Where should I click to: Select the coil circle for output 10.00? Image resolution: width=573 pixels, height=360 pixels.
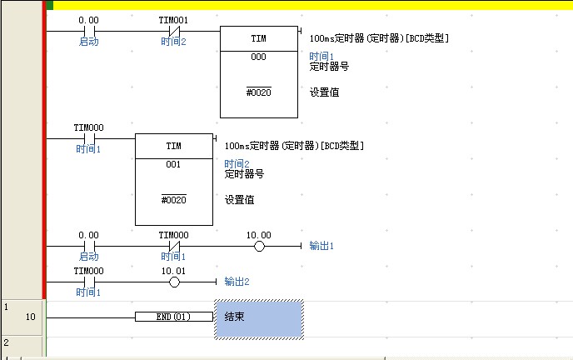coord(259,247)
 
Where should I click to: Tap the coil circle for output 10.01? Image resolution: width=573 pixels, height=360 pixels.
coord(174,282)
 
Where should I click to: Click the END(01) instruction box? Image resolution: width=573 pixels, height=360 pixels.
coord(173,317)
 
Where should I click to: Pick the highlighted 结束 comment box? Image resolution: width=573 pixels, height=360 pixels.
coord(258,318)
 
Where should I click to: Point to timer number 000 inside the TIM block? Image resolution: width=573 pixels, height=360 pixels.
coord(258,57)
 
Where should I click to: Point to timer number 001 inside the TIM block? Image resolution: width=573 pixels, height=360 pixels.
coord(173,164)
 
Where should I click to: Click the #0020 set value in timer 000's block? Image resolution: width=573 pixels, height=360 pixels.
coord(258,92)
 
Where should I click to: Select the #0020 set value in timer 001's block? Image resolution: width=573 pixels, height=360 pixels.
coord(173,200)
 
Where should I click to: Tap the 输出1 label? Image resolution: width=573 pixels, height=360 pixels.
coord(321,247)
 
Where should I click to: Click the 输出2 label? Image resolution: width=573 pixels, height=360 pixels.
coord(237,282)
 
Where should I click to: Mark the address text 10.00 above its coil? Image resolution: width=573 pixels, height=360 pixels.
coord(259,236)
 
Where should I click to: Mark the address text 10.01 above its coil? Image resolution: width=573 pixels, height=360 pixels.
coord(174,271)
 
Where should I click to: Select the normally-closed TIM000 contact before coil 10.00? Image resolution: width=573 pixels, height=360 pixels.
coord(174,247)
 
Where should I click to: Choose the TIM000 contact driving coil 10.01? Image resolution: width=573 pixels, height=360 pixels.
coord(88,282)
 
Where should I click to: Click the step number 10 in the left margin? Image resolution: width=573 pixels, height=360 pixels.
coord(30,317)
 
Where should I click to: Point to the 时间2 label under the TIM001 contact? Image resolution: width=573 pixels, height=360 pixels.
coord(174,42)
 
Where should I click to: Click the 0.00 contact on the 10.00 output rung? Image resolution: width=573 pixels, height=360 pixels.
coord(88,247)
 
